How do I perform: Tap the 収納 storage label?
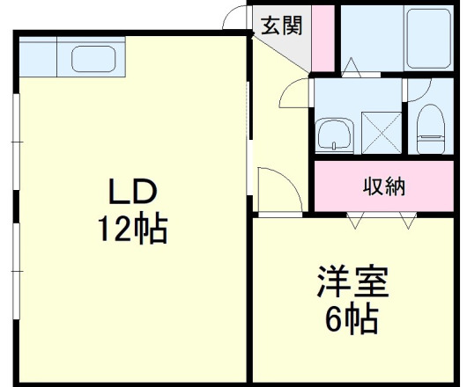click(384, 186)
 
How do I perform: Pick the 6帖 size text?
click(352, 318)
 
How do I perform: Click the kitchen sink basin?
click(93, 60)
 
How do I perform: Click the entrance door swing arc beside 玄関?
click(234, 18)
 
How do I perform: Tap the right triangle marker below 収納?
click(406, 221)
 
